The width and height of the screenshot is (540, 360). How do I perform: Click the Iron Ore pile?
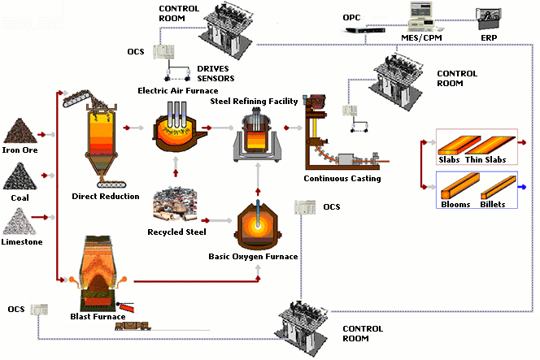pyautogui.click(x=20, y=131)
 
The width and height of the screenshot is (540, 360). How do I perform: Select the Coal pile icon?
pyautogui.click(x=20, y=176)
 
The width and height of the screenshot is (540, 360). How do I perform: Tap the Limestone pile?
pyautogui.click(x=20, y=221)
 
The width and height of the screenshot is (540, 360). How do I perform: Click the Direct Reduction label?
pyautogui.click(x=106, y=197)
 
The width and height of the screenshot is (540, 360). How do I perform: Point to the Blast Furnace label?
pyautogui.click(x=98, y=317)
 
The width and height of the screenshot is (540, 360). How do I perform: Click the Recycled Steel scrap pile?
pyautogui.click(x=176, y=205)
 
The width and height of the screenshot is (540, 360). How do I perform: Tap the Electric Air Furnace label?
pyautogui.click(x=178, y=91)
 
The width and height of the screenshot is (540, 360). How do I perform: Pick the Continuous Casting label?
pyautogui.click(x=342, y=179)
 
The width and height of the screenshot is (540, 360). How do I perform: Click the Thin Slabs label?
pyautogui.click(x=486, y=160)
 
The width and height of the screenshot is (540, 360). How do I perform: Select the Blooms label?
pyautogui.click(x=455, y=205)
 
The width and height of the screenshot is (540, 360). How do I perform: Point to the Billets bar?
pyautogui.click(x=499, y=187)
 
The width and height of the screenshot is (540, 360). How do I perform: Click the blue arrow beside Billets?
pyautogui.click(x=522, y=187)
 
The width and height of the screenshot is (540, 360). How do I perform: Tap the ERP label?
pyautogui.click(x=489, y=38)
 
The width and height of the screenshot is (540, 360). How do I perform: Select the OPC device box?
pyautogui.click(x=364, y=30)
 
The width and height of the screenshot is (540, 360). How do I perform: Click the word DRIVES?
pyautogui.click(x=213, y=69)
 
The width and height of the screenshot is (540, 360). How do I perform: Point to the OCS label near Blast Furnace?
pyautogui.click(x=16, y=309)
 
